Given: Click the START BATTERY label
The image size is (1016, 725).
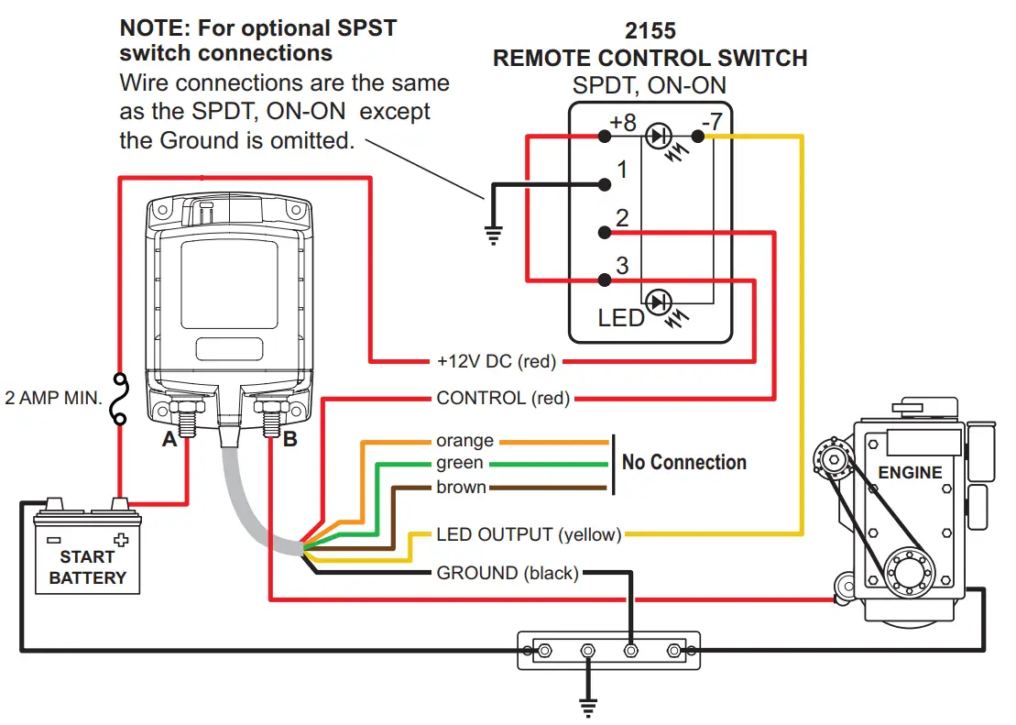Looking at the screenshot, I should point(87,567).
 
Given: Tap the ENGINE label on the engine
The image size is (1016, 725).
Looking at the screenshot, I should point(910,473).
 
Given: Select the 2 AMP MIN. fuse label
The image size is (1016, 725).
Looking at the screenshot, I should point(53,400).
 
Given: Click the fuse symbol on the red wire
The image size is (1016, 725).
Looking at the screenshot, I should point(120,401).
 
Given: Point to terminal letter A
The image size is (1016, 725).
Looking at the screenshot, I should point(169,440).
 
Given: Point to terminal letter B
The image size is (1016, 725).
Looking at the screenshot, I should point(290,440).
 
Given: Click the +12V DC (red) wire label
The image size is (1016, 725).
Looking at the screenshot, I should point(497,361).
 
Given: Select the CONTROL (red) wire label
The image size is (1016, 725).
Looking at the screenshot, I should point(503,399).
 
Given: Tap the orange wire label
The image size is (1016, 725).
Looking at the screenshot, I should point(464,441).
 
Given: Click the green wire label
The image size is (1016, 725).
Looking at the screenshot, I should point(460,464).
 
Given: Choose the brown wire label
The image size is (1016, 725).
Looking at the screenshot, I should point(461,488).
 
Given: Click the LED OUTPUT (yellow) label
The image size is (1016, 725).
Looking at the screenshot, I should point(529,534).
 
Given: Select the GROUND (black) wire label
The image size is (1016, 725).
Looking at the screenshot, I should point(508,574).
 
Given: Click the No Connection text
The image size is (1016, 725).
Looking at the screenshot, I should point(683,463).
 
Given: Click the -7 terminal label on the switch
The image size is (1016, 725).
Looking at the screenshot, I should point(711,121).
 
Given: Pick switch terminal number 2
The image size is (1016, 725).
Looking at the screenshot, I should point(622,218).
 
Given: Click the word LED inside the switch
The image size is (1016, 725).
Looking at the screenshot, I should point(621,318).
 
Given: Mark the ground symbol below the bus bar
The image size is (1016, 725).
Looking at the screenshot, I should point(587,704).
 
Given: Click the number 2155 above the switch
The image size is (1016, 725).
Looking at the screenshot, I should point(650,32).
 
